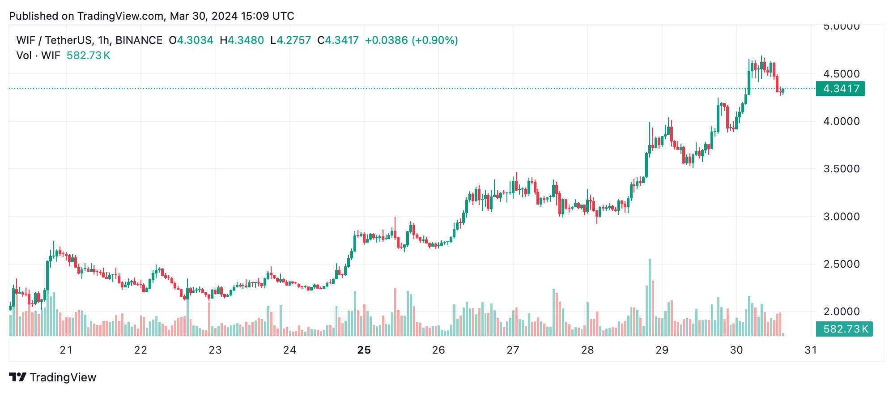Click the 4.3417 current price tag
(840, 89)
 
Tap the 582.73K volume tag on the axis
(844, 329)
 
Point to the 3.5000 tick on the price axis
(842, 169)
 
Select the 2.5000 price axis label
(842, 264)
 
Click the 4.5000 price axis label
(842, 74)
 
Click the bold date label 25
(364, 350)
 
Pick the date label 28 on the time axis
(587, 350)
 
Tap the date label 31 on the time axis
(811, 350)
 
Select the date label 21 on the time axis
(66, 350)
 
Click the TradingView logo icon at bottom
(18, 377)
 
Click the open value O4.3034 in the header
(191, 40)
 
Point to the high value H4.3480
(242, 40)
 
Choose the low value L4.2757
(291, 40)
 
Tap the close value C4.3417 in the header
(338, 40)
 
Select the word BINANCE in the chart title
(139, 40)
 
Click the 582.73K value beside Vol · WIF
(88, 56)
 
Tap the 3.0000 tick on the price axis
(842, 217)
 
